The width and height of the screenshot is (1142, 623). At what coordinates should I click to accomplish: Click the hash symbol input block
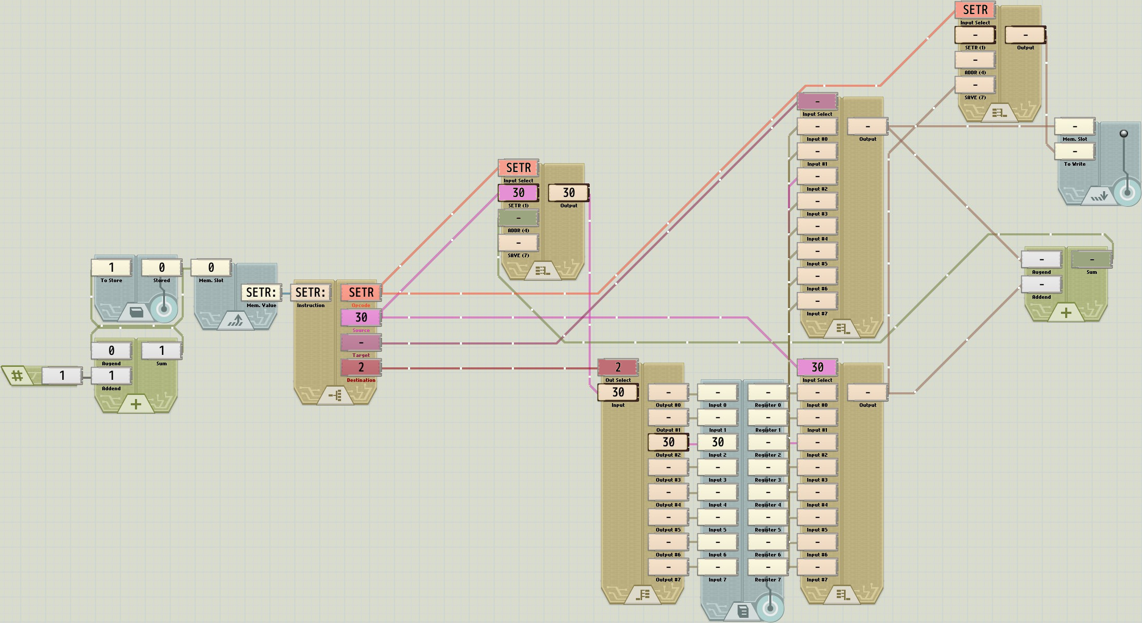pyautogui.click(x=17, y=375)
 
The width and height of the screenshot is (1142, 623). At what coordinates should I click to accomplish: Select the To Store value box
pyautogui.click(x=111, y=268)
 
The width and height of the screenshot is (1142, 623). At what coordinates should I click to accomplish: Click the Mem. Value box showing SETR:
pyautogui.click(x=261, y=293)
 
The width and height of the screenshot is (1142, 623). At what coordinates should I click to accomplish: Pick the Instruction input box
pyautogui.click(x=310, y=293)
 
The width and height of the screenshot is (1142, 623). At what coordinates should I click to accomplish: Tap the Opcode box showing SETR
pyautogui.click(x=361, y=293)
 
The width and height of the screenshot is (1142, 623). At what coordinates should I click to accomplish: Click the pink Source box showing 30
pyautogui.click(x=361, y=317)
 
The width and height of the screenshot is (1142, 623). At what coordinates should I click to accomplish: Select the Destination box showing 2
pyautogui.click(x=361, y=367)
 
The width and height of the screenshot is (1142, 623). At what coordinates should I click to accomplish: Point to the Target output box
pyautogui.click(x=361, y=342)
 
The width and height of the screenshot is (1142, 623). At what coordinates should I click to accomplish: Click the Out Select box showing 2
pyautogui.click(x=618, y=367)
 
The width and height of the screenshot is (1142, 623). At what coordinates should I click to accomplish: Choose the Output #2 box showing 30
pyautogui.click(x=668, y=442)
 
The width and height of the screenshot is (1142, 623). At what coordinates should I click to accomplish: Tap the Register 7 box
pyautogui.click(x=768, y=567)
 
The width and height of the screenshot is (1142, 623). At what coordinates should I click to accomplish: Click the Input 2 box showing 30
pyautogui.click(x=717, y=442)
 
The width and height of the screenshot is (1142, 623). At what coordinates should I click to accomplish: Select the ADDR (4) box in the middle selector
pyautogui.click(x=518, y=218)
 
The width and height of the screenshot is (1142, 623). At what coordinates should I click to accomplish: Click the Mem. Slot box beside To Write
pyautogui.click(x=1075, y=126)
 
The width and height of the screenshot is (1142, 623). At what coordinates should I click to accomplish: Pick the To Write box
pyautogui.click(x=1075, y=151)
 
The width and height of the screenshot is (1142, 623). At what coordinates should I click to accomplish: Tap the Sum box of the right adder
pyautogui.click(x=1092, y=259)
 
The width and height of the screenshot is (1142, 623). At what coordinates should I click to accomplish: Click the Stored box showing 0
pyautogui.click(x=161, y=268)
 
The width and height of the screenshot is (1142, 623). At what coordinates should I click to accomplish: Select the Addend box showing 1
pyautogui.click(x=111, y=376)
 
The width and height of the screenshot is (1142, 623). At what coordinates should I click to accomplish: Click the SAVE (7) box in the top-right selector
pyautogui.click(x=975, y=85)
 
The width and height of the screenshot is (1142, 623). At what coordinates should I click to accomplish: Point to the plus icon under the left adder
pyautogui.click(x=136, y=404)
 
